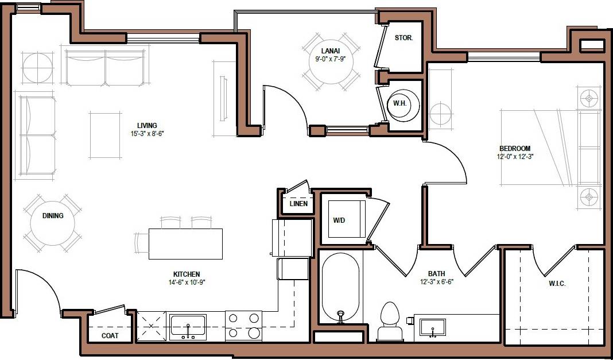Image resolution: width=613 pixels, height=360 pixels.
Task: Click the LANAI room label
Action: click(x=329, y=51)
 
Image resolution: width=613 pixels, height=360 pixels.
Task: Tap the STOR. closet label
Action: click(x=404, y=38)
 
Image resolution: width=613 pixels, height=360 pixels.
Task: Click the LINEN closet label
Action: click(x=298, y=204)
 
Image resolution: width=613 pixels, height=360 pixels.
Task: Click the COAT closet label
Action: click(x=110, y=336)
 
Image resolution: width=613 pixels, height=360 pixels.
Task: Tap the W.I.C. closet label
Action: click(x=557, y=284)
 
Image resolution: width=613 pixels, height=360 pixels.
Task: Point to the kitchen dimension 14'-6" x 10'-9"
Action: click(x=187, y=282)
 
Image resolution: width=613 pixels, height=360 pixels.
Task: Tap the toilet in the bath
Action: click(x=390, y=322)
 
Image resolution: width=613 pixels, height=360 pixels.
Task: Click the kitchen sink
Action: click(x=187, y=326)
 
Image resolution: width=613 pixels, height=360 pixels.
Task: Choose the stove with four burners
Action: click(x=243, y=326)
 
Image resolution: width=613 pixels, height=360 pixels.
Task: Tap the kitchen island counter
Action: click(x=185, y=243)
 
